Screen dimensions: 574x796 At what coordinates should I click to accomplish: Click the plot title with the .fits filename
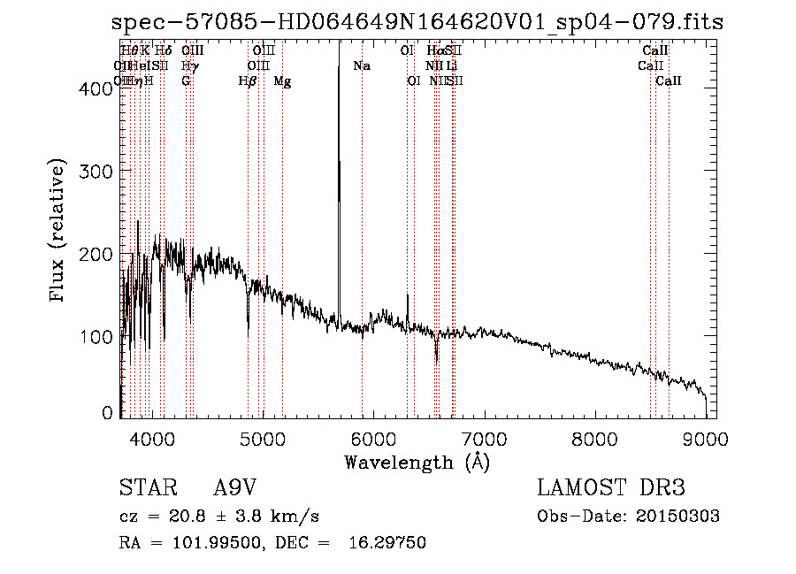tap(417, 23)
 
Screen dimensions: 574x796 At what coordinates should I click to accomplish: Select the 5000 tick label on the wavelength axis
tap(262, 438)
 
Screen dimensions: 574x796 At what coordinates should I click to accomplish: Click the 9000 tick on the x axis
tap(706, 438)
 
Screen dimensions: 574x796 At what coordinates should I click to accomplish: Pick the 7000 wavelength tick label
tap(484, 438)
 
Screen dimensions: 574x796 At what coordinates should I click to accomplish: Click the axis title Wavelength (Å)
tap(417, 462)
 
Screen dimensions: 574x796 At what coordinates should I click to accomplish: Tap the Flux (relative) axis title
tap(59, 232)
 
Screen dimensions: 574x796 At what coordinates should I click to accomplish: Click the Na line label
tap(361, 66)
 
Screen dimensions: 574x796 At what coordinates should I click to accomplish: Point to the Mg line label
tap(282, 81)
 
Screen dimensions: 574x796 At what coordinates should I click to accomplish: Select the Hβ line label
tap(248, 81)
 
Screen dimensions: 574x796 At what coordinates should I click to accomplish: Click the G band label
tap(186, 81)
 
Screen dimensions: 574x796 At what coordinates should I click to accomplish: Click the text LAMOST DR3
tap(610, 487)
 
